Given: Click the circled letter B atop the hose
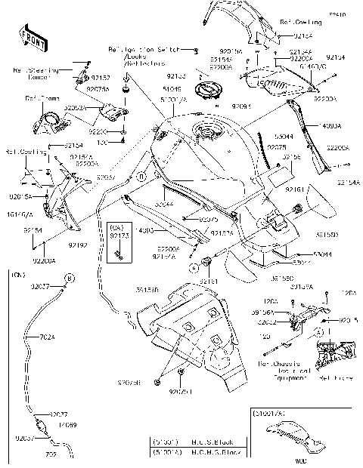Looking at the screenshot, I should click(x=69, y=279).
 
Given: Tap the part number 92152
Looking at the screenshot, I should click(x=100, y=78).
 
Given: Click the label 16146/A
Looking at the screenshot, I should click(x=20, y=213).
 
